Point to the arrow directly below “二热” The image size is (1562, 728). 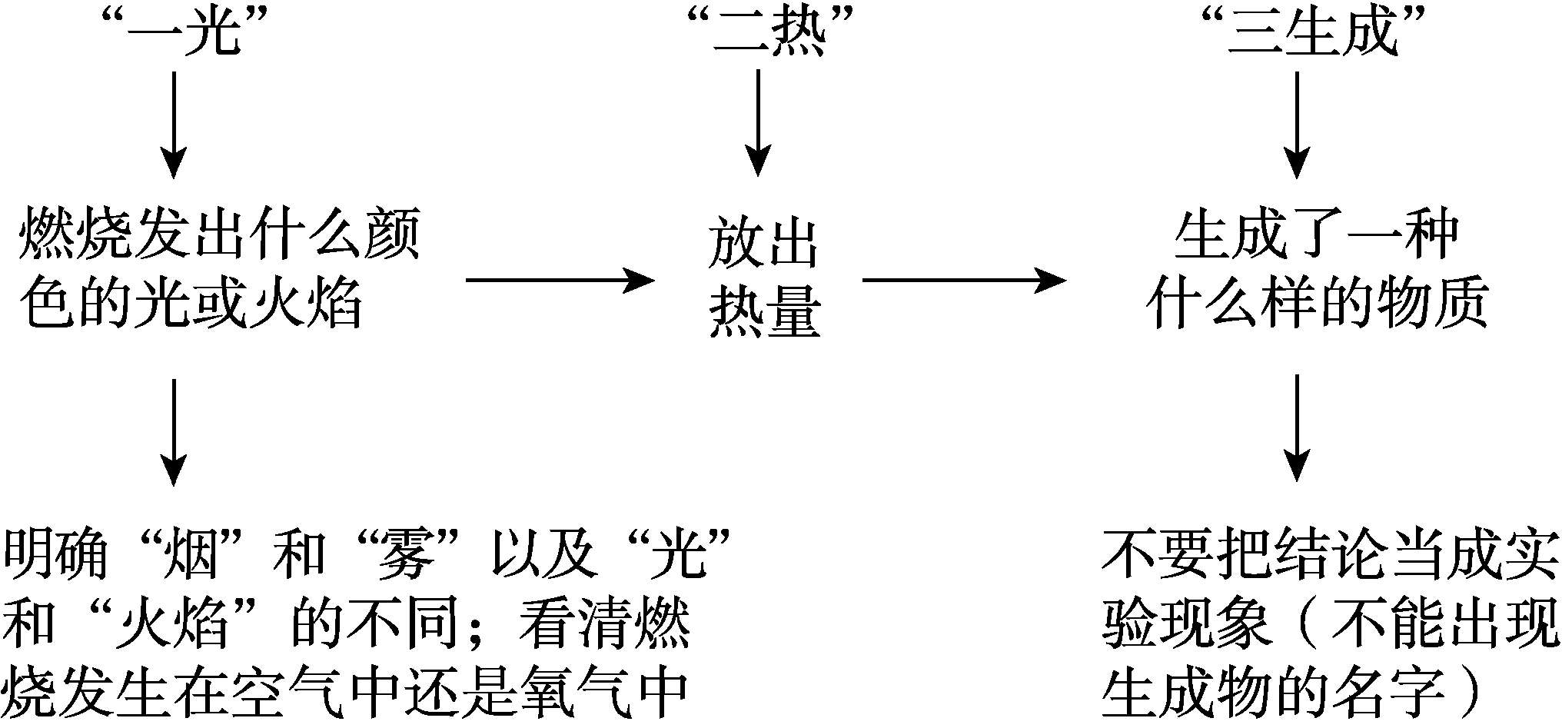pyautogui.click(x=759, y=123)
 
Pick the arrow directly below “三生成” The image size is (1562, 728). pyautogui.click(x=1298, y=123)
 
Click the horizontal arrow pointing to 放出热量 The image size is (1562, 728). pyautogui.click(x=559, y=281)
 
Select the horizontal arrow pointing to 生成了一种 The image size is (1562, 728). pyautogui.click(x=964, y=281)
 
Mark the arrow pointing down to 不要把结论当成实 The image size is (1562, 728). pyautogui.click(x=1298, y=427)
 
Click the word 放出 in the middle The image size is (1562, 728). pyautogui.click(x=764, y=244)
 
